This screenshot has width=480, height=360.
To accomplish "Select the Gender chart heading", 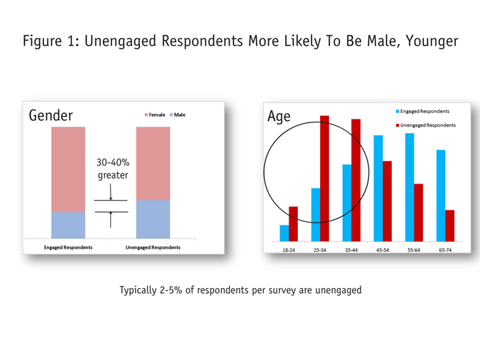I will click(x=50, y=115).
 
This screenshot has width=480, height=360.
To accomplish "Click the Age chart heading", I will click(x=279, y=116).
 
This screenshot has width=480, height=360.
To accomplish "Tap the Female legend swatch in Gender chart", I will click(x=146, y=115).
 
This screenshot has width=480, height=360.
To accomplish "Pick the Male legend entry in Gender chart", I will click(x=178, y=115).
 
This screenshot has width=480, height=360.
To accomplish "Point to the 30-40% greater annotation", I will click(x=112, y=169).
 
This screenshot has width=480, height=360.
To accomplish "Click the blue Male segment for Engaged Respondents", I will click(x=68, y=225).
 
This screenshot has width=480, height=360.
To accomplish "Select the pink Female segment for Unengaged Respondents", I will click(x=153, y=163).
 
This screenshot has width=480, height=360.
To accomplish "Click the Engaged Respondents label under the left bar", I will click(x=68, y=248).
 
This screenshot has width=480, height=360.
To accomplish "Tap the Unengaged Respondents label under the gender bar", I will click(x=153, y=248).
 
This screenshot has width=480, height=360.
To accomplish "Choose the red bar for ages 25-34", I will click(x=324, y=178).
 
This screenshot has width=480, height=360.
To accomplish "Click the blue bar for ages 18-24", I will click(x=284, y=233).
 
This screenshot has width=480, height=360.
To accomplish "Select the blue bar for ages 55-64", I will click(x=410, y=186).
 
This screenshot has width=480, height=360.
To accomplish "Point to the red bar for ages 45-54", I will click(x=387, y=201).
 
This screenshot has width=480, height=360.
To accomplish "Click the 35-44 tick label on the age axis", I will click(x=351, y=250).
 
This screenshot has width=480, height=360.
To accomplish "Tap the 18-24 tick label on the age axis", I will click(x=289, y=250).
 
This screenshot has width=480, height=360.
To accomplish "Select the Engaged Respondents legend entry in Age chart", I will click(x=425, y=112).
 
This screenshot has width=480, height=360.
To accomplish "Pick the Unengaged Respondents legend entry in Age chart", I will click(x=427, y=125).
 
